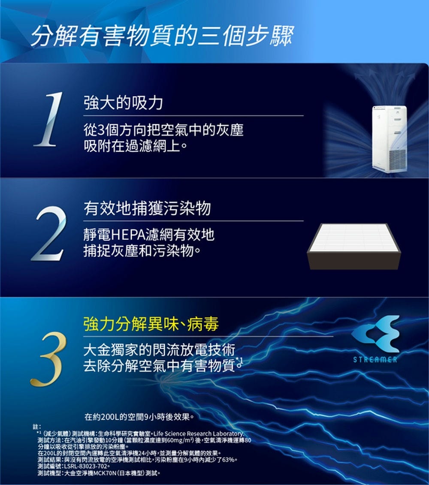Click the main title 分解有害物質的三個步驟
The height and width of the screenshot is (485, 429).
pyautogui.click(x=162, y=36)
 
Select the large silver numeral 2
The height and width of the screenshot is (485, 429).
pyautogui.click(x=49, y=233)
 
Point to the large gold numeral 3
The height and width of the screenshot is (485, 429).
pyautogui.click(x=48, y=359)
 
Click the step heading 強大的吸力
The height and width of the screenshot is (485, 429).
pyautogui.click(x=123, y=102)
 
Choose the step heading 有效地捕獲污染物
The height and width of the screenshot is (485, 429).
pyautogui.click(x=147, y=208)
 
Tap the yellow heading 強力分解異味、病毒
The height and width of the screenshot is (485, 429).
pyautogui.click(x=151, y=324)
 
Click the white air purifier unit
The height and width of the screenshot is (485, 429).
pyautogui.click(x=389, y=138)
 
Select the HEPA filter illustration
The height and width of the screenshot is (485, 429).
pyautogui.click(x=354, y=246)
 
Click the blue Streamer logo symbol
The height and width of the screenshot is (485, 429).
pyautogui.click(x=375, y=334)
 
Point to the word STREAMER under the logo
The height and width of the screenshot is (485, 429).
pyautogui.click(x=375, y=359)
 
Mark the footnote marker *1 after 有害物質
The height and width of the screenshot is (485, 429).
pyautogui.click(x=239, y=361)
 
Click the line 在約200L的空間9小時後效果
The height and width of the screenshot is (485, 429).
pyautogui.click(x=139, y=417)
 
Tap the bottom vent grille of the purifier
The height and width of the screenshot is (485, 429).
pyautogui.click(x=397, y=159)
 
